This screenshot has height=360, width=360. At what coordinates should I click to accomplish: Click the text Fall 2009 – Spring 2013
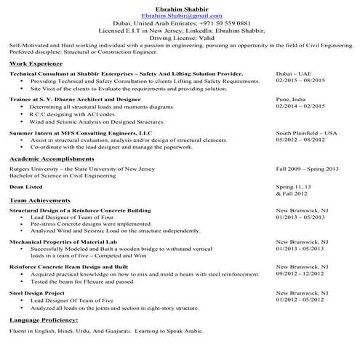click(x=307, y=169)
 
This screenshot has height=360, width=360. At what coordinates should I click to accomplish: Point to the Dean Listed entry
click(x=25, y=187)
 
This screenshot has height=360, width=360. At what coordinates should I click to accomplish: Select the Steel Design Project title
click(x=37, y=292)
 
